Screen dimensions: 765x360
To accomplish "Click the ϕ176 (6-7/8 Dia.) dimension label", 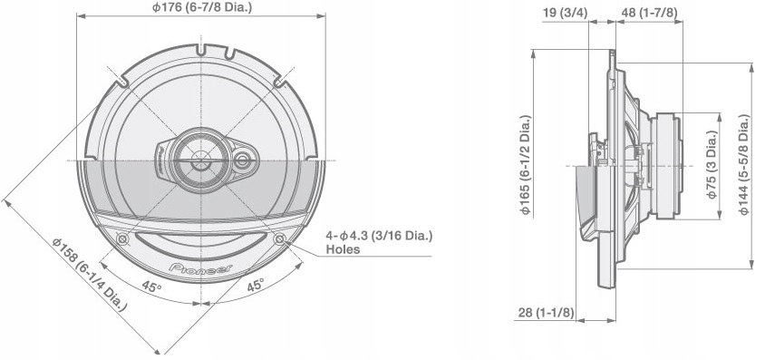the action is (201, 8).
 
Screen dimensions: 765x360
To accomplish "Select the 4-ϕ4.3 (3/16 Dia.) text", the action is (379, 236).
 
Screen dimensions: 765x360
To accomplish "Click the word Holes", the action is (343, 249).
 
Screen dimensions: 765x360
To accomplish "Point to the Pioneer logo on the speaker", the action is (200, 268).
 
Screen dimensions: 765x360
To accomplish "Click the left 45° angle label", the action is (151, 287).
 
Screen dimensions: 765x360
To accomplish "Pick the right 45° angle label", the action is (256, 285).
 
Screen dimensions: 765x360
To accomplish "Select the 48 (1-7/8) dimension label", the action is (649, 14).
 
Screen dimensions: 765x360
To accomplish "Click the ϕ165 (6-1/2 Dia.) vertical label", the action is (526, 165).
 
